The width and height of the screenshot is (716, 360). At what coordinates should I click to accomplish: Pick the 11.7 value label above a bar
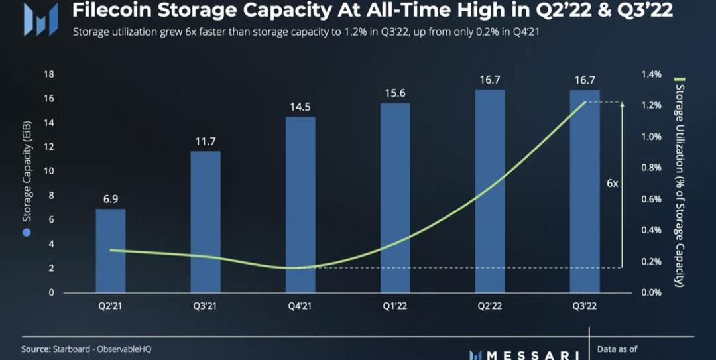(x=206, y=141)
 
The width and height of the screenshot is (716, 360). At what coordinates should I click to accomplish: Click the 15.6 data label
(x=395, y=93)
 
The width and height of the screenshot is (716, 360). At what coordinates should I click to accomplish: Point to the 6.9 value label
(x=111, y=199)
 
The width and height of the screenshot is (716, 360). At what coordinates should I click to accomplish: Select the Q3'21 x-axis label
(x=206, y=306)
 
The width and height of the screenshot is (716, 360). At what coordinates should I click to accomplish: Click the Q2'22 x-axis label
(x=490, y=306)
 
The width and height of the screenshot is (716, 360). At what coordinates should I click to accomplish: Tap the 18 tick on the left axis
(x=49, y=74)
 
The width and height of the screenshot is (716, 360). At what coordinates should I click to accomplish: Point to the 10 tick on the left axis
(x=49, y=171)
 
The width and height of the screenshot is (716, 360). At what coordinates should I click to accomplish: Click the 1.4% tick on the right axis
(x=652, y=74)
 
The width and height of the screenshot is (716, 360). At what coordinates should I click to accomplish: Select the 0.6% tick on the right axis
(x=652, y=199)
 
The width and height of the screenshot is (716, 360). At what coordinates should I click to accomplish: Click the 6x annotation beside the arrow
(x=613, y=184)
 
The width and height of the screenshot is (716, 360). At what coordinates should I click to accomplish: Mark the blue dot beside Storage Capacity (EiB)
(x=27, y=232)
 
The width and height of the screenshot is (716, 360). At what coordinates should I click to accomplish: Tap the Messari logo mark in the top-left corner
(x=36, y=19)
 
